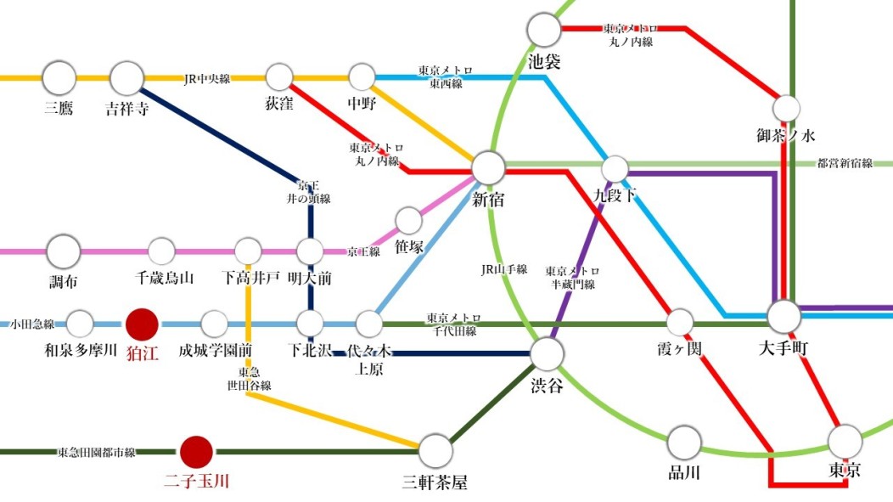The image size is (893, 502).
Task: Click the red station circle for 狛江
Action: coord(142,324)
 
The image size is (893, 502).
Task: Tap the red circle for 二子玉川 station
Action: coord(196,453)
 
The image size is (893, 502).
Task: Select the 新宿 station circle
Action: coord(488,168)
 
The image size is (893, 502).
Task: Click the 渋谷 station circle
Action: coord(548,354)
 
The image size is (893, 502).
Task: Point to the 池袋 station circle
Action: coord(544,30)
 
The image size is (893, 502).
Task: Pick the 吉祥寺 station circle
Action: coord(126,79)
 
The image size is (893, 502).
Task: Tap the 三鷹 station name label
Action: coord(59,108)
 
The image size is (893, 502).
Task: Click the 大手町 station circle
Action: coord(784,316)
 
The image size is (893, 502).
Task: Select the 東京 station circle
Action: coord(845,442)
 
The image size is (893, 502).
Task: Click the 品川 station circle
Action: coord(684,443)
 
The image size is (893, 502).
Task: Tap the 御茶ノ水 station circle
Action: coord(786,108)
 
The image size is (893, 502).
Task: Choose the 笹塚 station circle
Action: coord(408,220)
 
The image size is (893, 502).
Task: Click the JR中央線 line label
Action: coord(207,79)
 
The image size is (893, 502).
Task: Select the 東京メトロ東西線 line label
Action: coord(446,77)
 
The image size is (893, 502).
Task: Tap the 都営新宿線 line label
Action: coord(845,164)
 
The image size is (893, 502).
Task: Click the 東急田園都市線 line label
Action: coord(96,453)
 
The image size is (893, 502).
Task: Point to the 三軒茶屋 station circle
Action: coord(435,451)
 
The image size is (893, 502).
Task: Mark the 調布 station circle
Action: coord(63,251)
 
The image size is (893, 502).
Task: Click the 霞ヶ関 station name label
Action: coord(679,349)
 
